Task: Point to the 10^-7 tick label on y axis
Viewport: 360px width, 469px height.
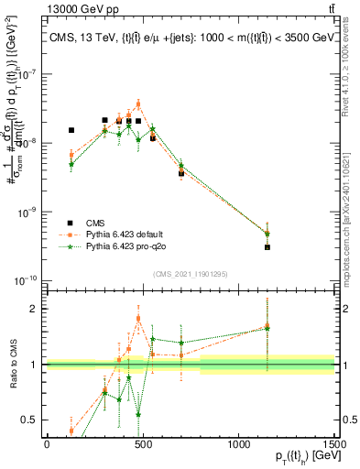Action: (27, 75)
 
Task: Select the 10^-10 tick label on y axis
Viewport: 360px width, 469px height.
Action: (26, 280)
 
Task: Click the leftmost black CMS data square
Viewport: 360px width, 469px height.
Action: (71, 130)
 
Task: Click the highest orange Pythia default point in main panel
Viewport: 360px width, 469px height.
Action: (138, 104)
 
